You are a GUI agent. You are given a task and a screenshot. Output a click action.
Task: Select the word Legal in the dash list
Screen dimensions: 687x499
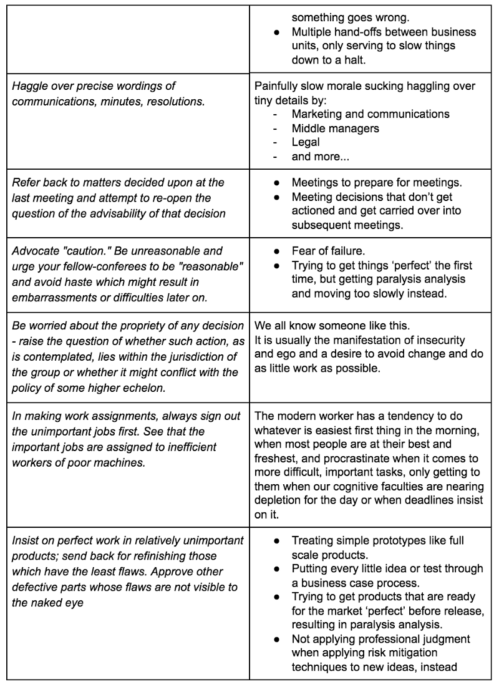tap(306, 142)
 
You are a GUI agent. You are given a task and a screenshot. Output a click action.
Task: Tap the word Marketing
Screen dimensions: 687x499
tap(318, 114)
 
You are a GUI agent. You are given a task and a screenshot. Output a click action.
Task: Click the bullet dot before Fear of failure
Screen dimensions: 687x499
tap(276, 251)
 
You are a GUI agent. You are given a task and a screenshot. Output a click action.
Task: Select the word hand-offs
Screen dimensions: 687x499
tap(359, 32)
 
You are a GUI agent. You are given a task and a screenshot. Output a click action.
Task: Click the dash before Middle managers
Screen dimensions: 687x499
tap(276, 129)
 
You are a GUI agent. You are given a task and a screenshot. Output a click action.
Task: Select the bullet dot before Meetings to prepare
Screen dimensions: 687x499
tap(276, 182)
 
